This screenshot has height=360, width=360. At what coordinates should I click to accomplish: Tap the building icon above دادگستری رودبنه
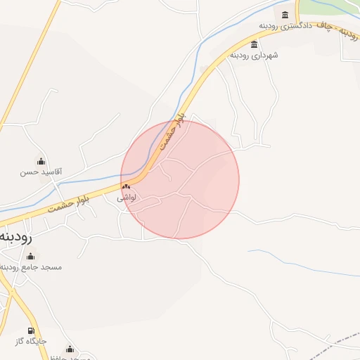click(x=285, y=15)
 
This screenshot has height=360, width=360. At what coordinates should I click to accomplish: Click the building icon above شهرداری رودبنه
click(x=254, y=44)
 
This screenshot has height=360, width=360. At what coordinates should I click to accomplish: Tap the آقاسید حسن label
click(x=41, y=171)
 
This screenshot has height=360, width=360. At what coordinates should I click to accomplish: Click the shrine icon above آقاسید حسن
click(x=41, y=161)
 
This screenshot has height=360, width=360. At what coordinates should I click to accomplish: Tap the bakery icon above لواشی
click(x=127, y=187)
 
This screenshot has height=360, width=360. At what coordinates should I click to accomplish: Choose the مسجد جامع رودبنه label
click(x=31, y=267)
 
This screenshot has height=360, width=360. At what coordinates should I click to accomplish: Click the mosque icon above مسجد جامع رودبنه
click(x=30, y=257)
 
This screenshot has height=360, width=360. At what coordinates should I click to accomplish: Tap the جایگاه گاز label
click(x=31, y=341)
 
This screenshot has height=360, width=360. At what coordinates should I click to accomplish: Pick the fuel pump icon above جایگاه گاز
click(x=31, y=331)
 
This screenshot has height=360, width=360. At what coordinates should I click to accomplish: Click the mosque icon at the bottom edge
click(x=69, y=349)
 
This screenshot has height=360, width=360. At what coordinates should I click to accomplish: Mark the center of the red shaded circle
click(x=180, y=179)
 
